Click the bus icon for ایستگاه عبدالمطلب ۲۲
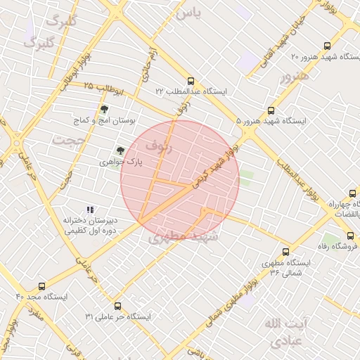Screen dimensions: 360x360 click(x=191, y=81)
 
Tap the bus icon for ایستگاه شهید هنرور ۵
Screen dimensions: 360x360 click(x=271, y=110)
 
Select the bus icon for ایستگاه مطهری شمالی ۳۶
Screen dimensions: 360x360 click(x=285, y=251)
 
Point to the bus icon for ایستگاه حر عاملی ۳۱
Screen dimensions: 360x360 click(x=117, y=306)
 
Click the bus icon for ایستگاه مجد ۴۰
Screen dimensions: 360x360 click(x=41, y=286)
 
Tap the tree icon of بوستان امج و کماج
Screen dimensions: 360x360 click(x=105, y=109)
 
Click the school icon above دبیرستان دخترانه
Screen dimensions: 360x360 click(x=89, y=209)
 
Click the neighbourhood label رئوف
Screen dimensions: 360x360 click(x=158, y=146)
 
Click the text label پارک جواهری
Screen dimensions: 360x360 click(x=139, y=161)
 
